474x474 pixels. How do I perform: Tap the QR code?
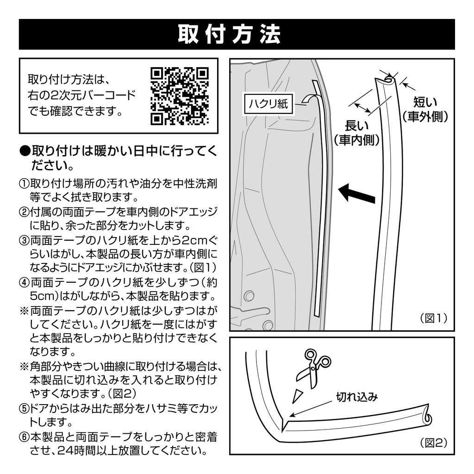coord(180,96)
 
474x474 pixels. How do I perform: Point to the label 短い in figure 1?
coord(424,102)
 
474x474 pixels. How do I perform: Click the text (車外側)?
coord(425,117)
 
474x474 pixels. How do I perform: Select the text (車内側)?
coord(357,140)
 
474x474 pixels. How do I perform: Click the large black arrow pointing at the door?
coord(356,193)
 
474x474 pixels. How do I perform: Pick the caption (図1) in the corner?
coord(434,318)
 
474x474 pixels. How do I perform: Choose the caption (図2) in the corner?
coord(434,443)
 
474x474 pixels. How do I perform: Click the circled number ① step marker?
coord(24,183)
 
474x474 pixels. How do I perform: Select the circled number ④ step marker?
coord(24,282)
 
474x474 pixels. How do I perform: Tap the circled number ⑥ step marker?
coord(24,437)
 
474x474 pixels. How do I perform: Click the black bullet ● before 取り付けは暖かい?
coord(25,151)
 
